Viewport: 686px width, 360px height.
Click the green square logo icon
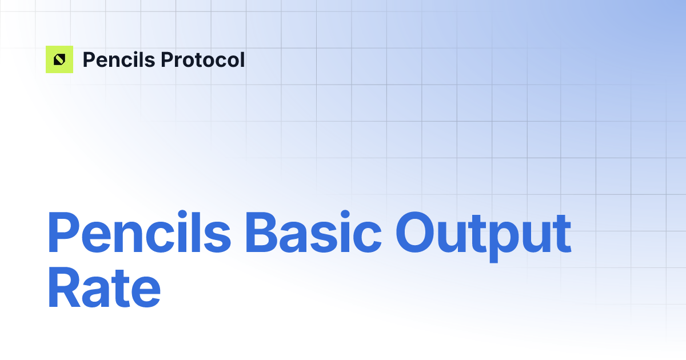pyautogui.click(x=59, y=59)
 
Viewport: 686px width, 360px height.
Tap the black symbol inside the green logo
pyautogui.click(x=59, y=59)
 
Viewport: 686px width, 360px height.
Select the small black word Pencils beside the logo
pyautogui.click(x=118, y=59)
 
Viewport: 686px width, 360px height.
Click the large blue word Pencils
pyautogui.click(x=139, y=234)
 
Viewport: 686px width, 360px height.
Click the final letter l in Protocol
pyautogui.click(x=242, y=59)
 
